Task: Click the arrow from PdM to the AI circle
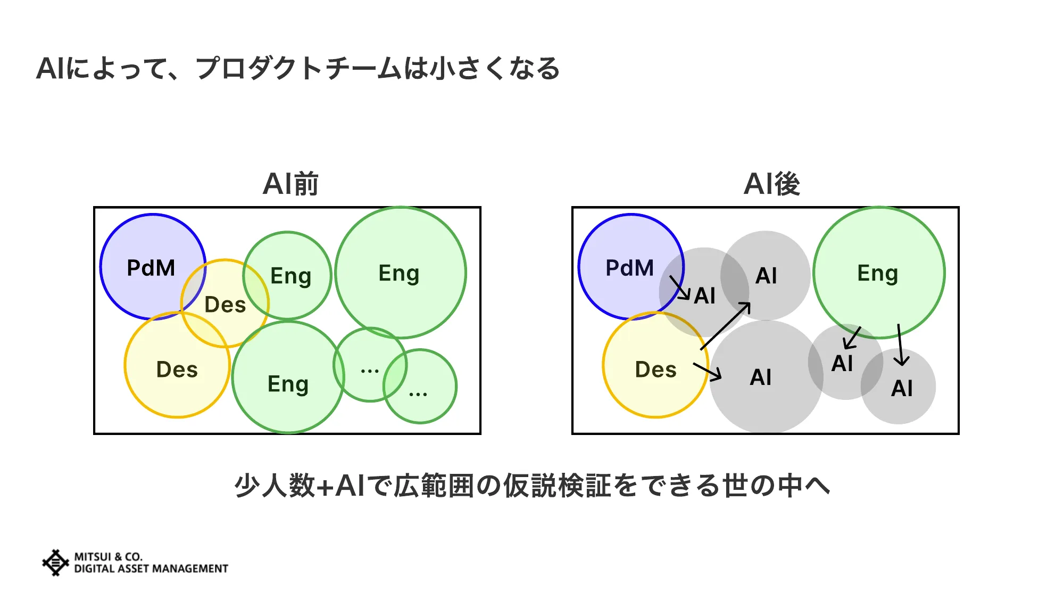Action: (x=679, y=288)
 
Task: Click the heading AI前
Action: (x=290, y=184)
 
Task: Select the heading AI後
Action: (x=771, y=184)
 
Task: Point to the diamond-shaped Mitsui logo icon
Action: (x=55, y=563)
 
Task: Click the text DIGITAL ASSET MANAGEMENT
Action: (x=151, y=569)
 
